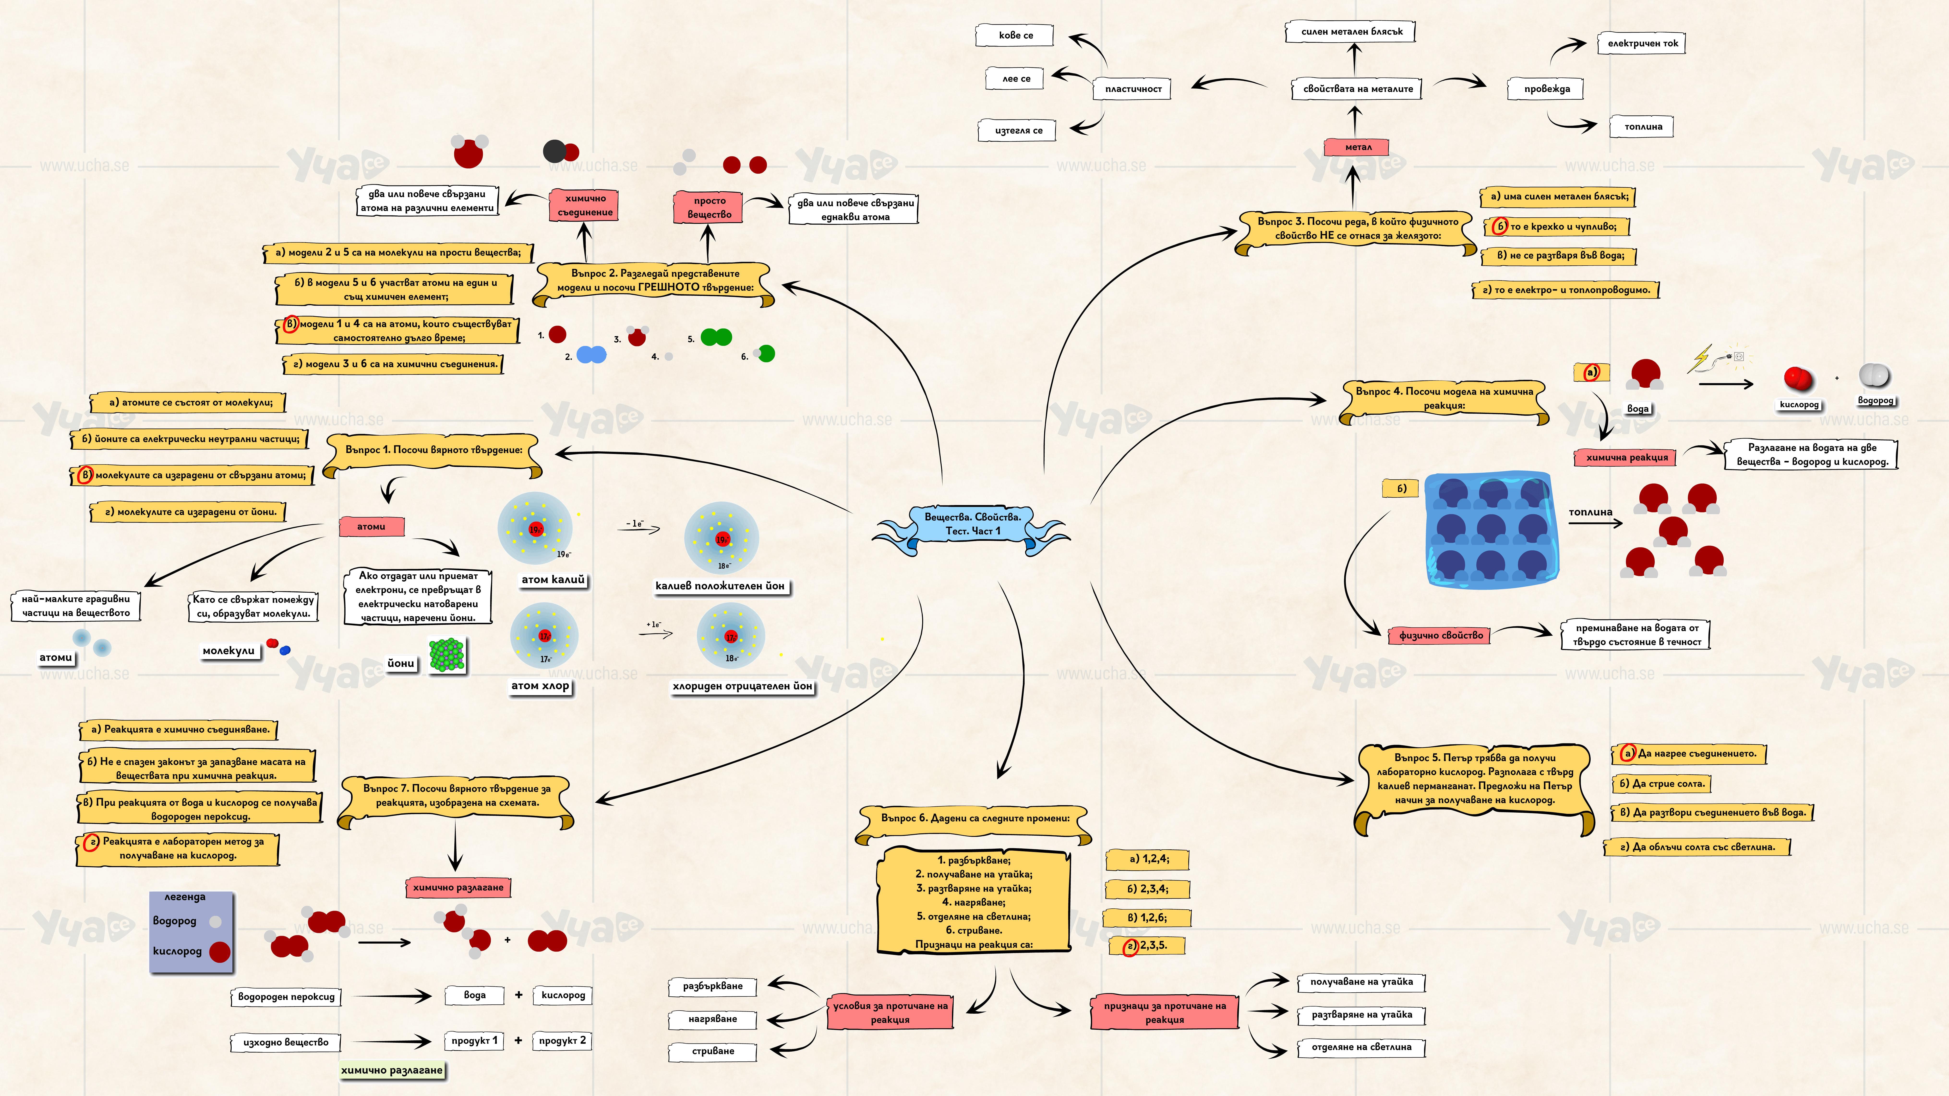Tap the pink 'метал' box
click(1357, 147)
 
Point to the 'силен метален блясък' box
click(1351, 32)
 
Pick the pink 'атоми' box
click(371, 526)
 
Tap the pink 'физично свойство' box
click(1441, 635)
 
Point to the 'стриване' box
click(713, 1051)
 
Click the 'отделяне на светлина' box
click(1361, 1048)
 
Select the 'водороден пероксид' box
click(286, 997)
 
